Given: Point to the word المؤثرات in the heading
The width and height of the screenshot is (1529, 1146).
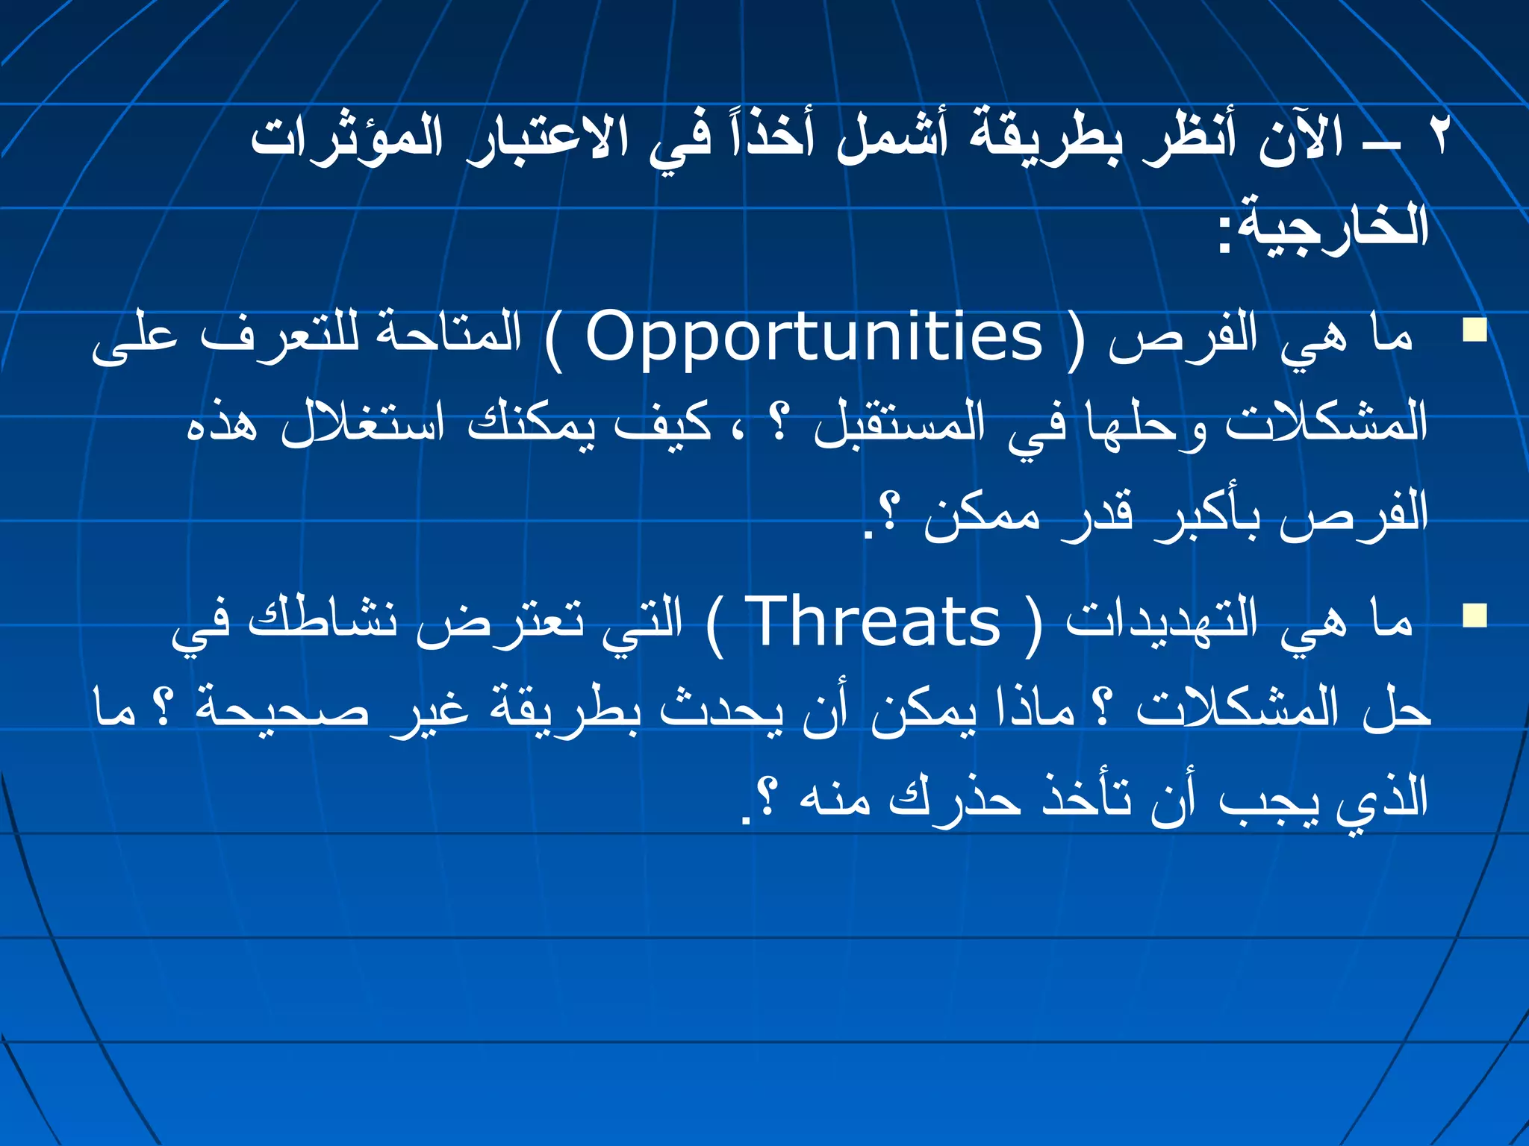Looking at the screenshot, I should tap(346, 138).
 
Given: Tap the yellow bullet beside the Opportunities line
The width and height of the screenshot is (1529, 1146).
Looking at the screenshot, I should tap(1474, 330).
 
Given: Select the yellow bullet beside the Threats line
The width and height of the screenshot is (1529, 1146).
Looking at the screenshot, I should tap(1474, 616).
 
